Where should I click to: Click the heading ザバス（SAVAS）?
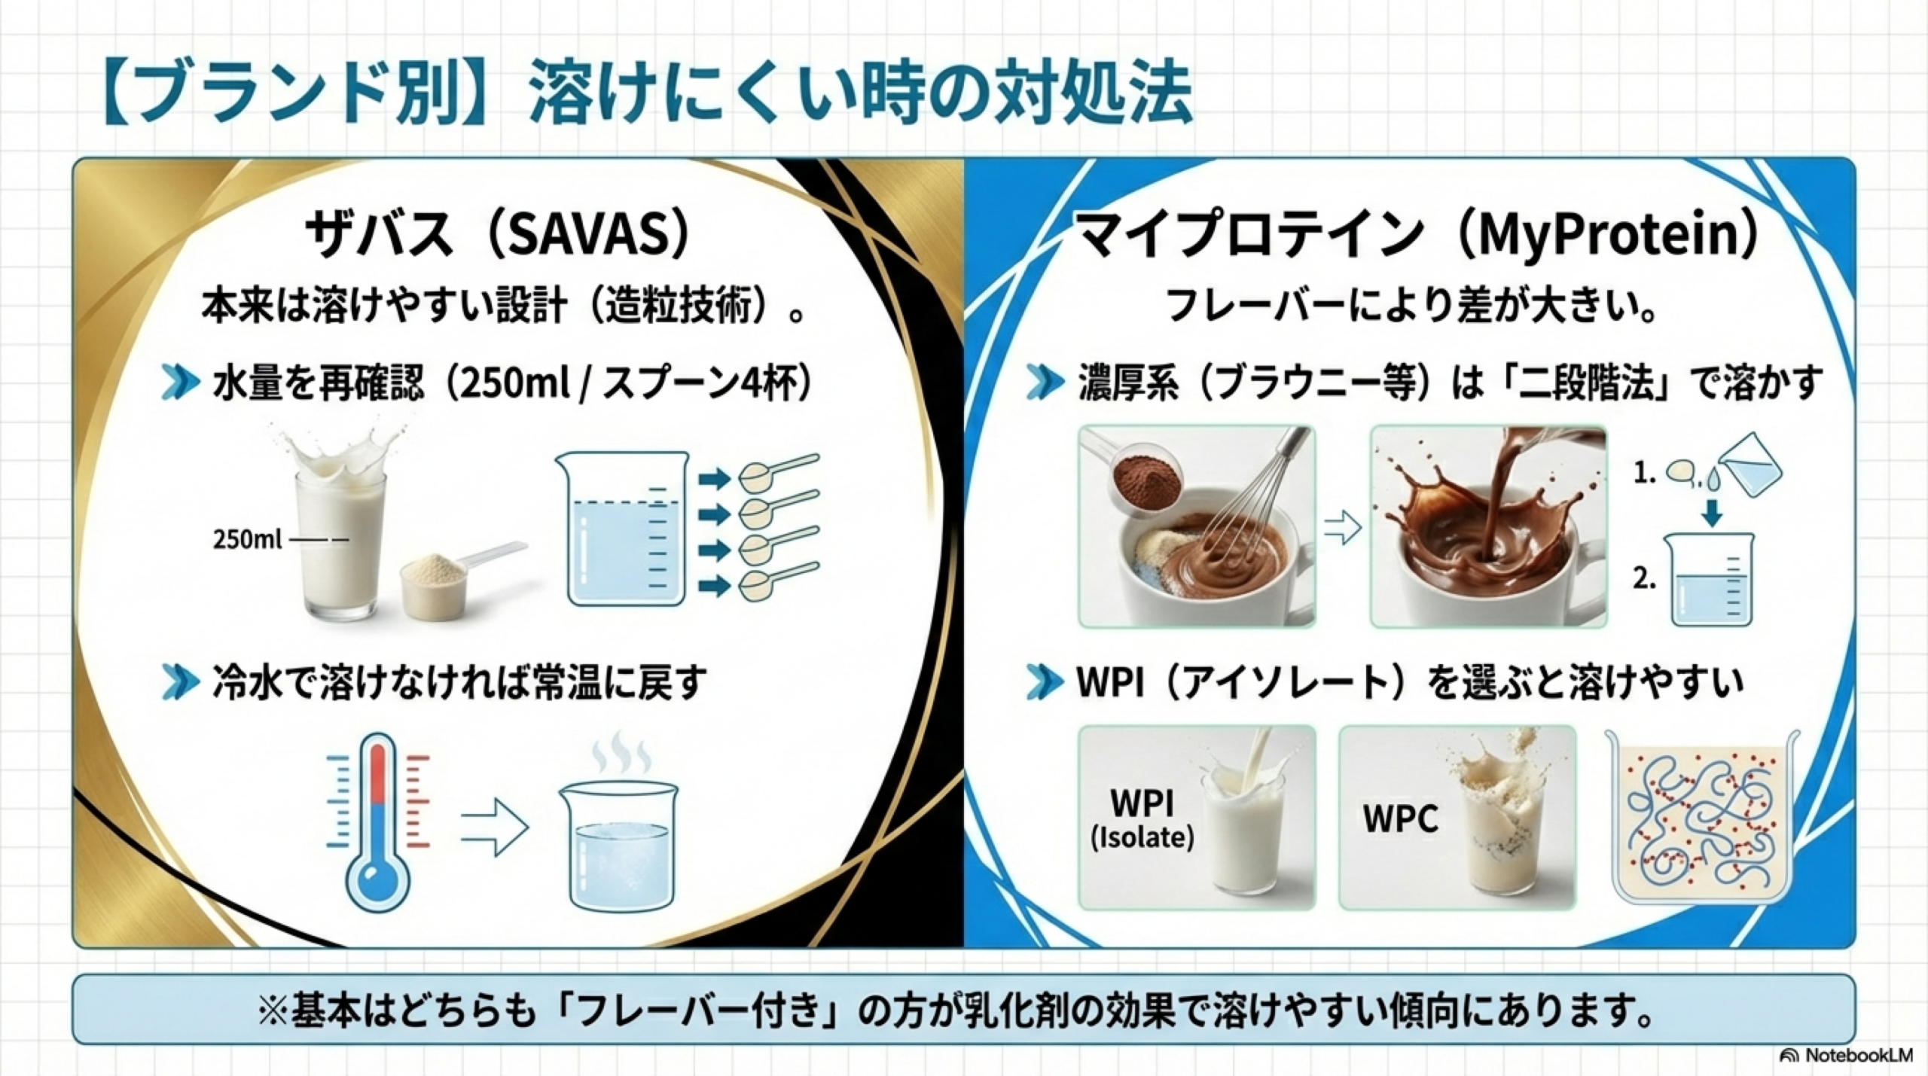[x=497, y=234]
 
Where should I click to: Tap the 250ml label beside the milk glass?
[x=247, y=539]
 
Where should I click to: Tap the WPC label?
[x=1400, y=818]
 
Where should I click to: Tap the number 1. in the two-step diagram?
[x=1644, y=474]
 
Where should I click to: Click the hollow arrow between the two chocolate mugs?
[x=1342, y=529]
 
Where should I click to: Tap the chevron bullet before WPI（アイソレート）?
[x=1046, y=682]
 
